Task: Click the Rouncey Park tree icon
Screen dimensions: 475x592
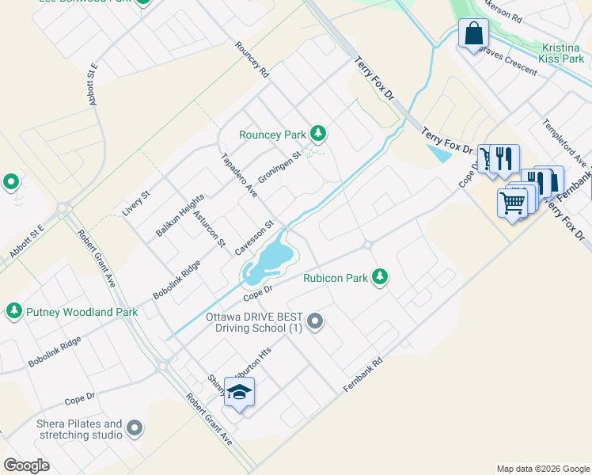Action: pyautogui.click(x=317, y=133)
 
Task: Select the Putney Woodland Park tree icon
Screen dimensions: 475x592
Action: pyautogui.click(x=13, y=311)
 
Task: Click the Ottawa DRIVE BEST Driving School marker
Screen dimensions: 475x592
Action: pyautogui.click(x=315, y=321)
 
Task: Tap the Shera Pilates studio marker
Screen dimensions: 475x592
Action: pyautogui.click(x=135, y=428)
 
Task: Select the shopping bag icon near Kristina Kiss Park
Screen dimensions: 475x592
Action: pyautogui.click(x=473, y=34)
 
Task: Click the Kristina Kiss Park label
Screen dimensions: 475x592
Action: pyautogui.click(x=562, y=53)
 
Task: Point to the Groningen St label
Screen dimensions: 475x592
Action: pyautogui.click(x=281, y=165)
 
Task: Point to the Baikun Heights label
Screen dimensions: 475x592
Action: pyautogui.click(x=180, y=215)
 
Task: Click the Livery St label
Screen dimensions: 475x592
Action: pyautogui.click(x=136, y=203)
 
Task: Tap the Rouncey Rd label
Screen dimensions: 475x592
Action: pyautogui.click(x=252, y=59)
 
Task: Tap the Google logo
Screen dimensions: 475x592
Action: pyautogui.click(x=26, y=465)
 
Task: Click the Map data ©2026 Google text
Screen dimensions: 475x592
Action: pyautogui.click(x=543, y=469)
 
